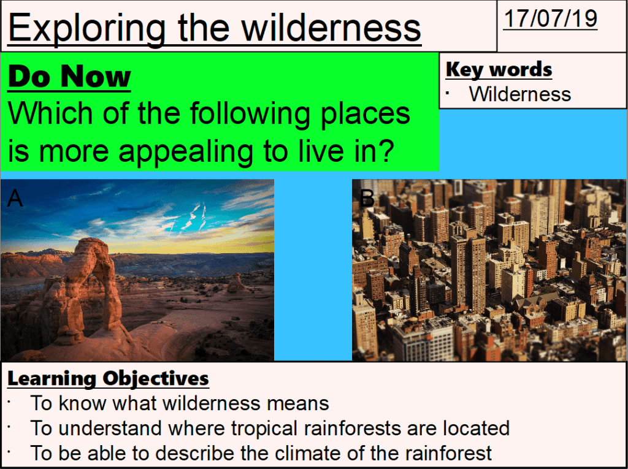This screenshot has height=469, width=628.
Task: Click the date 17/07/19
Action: [550, 19]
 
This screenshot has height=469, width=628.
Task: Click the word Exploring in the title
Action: [85, 28]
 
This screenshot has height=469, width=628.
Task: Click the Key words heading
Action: [499, 70]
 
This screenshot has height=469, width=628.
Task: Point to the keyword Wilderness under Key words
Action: [519, 94]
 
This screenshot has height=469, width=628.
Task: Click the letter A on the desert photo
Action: [15, 198]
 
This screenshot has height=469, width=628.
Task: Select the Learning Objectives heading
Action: [108, 378]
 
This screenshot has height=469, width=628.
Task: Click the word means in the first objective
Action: [300, 403]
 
